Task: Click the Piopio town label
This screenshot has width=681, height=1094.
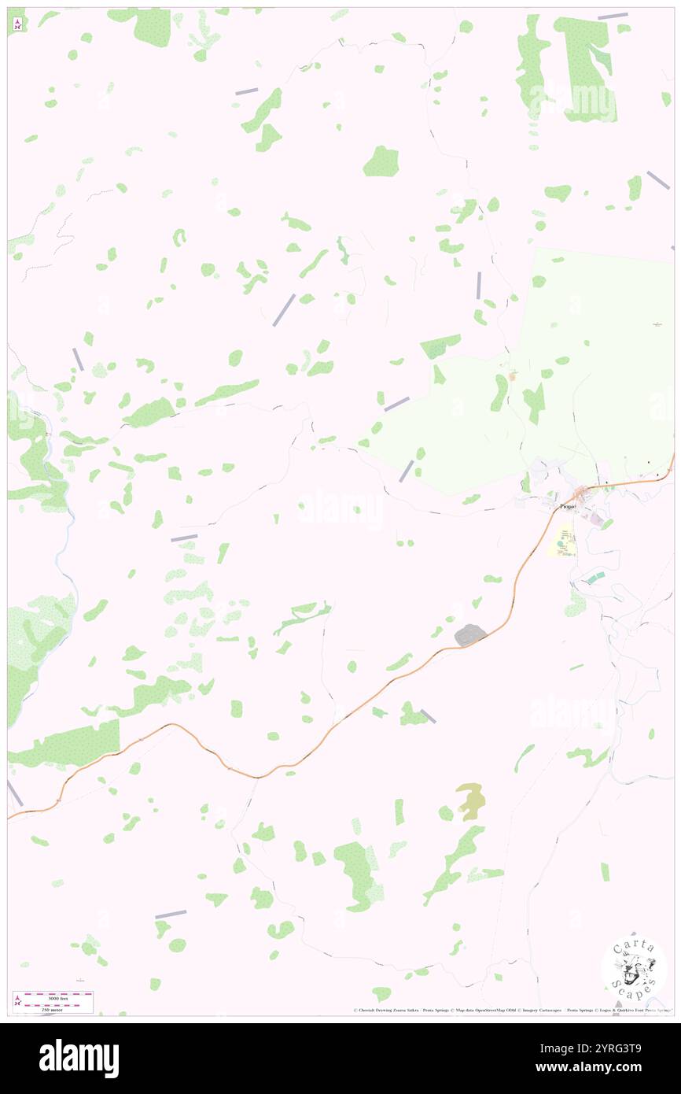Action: coord(568,507)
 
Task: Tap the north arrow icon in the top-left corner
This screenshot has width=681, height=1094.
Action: coord(17,24)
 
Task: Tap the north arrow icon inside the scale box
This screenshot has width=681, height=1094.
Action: coord(17,1000)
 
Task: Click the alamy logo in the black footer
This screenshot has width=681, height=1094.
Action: coord(79,1058)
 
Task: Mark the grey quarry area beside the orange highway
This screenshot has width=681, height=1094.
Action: coord(470,634)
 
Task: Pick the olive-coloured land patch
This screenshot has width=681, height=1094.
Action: coord(471,800)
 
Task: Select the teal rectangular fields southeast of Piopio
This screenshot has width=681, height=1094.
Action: coord(594,578)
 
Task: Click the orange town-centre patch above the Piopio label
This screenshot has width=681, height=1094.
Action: coord(583,494)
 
